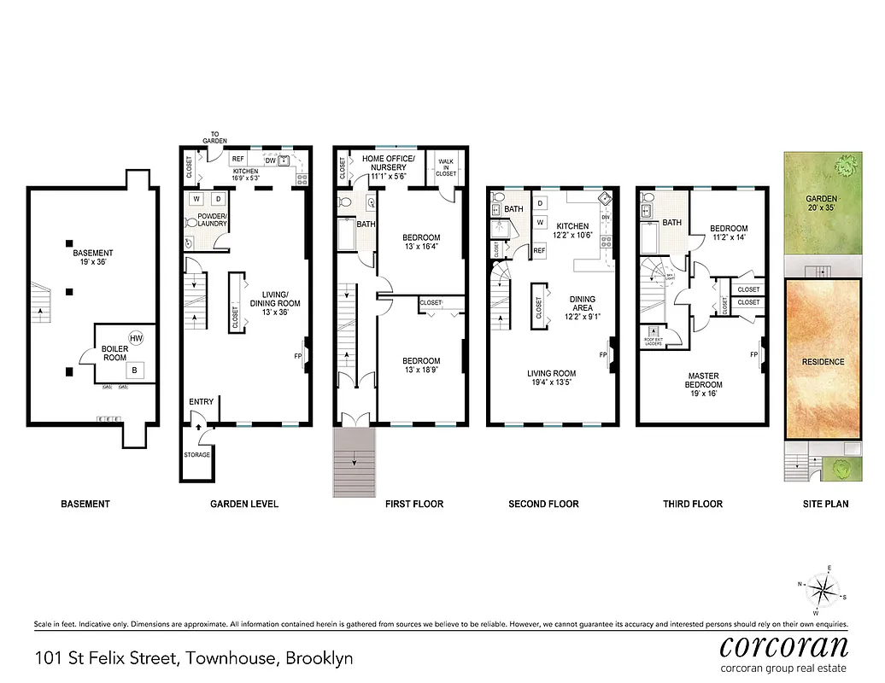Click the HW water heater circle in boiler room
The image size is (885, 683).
click(135, 339)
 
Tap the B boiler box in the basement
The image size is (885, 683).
click(135, 370)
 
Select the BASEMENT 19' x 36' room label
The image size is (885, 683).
click(92, 258)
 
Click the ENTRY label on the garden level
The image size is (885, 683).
click(201, 401)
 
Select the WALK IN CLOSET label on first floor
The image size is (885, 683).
click(446, 166)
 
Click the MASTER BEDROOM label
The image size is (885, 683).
click(703, 381)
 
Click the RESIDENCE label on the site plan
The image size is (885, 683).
click(823, 361)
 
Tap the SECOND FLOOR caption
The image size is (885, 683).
click(543, 504)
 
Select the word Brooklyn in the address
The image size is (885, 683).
click(319, 658)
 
